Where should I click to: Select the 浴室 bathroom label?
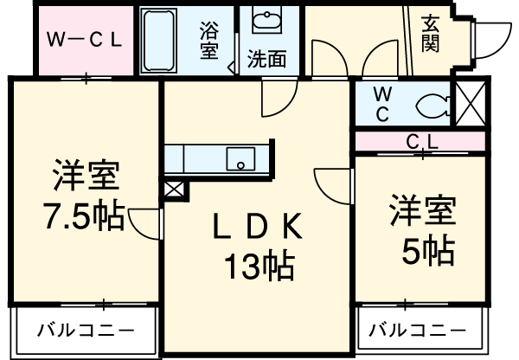(x=209, y=40)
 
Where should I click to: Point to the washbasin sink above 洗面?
(x=262, y=22)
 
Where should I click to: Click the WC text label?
(x=381, y=104)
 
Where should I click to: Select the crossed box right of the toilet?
(x=472, y=105)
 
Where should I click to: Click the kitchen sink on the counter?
(x=238, y=158)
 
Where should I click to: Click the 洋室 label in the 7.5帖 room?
(x=85, y=175)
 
